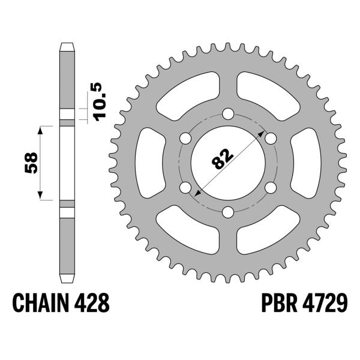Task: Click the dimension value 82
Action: point(223,158)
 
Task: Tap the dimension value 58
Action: point(31,163)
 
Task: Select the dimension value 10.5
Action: point(100,101)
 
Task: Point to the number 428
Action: point(91,303)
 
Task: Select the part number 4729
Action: point(325,303)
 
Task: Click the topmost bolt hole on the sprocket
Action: point(228,113)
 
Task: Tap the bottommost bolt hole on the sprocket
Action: point(228,212)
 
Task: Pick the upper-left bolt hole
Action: point(185,138)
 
